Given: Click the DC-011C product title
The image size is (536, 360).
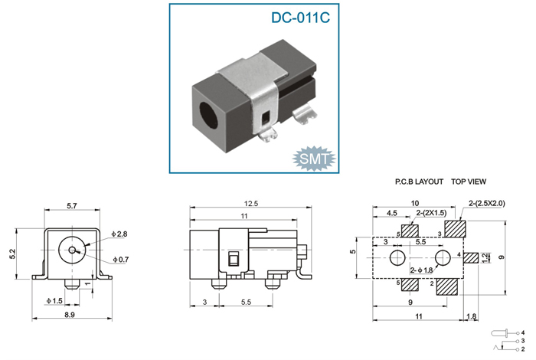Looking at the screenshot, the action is click(x=300, y=18).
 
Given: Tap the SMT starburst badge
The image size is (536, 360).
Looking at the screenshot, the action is click(x=314, y=159).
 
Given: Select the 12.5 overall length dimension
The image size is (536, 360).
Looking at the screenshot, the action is click(x=251, y=204).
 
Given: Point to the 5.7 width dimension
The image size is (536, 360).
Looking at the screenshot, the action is click(x=72, y=206).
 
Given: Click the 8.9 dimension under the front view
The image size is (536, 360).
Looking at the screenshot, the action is click(x=70, y=315).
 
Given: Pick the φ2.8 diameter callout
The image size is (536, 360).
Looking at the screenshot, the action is click(x=119, y=234).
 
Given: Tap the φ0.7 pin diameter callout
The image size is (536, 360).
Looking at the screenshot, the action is click(x=121, y=260).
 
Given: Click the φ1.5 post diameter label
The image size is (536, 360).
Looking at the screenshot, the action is click(x=54, y=301).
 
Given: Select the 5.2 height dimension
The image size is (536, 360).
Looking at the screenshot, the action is click(x=13, y=254).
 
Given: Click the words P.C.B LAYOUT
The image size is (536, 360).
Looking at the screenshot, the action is click(x=419, y=182).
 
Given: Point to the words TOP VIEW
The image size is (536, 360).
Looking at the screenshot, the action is click(x=469, y=182).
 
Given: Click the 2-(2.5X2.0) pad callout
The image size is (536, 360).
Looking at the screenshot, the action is click(x=487, y=203).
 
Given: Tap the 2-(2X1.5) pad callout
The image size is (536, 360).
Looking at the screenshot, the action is click(x=431, y=213).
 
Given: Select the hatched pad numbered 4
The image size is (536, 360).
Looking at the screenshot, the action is click(x=471, y=258).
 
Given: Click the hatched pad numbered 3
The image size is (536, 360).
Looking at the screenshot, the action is click(x=455, y=229).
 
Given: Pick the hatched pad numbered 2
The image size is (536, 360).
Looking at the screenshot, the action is click(x=447, y=286).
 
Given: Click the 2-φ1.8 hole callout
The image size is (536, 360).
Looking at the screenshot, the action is click(x=421, y=270).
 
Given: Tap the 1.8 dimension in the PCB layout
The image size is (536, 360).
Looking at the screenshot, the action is click(x=472, y=316).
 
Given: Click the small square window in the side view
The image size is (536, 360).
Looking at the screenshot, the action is click(x=234, y=259).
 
